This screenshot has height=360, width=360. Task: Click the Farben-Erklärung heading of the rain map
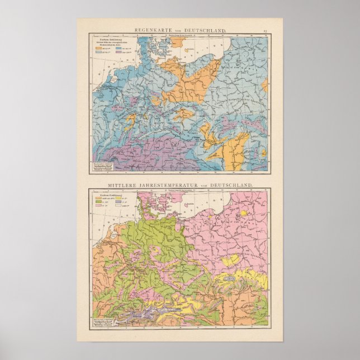coord(104,40)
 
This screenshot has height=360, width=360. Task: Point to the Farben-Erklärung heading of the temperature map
coord(104,194)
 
